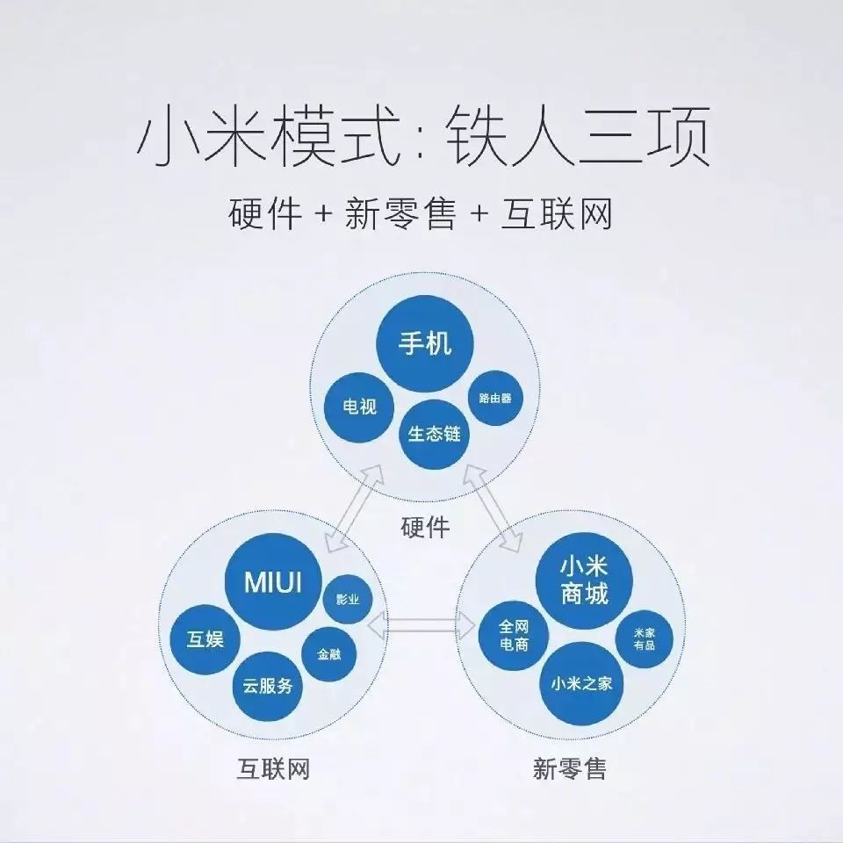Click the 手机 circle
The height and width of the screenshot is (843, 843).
click(424, 343)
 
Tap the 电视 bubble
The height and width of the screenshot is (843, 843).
click(359, 407)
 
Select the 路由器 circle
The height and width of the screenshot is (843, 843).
click(495, 398)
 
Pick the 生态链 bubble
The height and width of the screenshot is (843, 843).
click(434, 434)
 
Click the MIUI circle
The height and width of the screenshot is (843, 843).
click(273, 581)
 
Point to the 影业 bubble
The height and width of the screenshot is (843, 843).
click(348, 599)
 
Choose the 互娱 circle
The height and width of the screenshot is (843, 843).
click(205, 639)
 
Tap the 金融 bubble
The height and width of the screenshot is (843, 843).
click(329, 654)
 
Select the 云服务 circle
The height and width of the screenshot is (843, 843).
click(268, 686)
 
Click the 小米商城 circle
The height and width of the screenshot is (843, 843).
click(584, 580)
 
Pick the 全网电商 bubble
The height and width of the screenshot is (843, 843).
click(514, 636)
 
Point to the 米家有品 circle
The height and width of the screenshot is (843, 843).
click(644, 638)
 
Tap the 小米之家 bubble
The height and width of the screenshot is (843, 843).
click(581, 684)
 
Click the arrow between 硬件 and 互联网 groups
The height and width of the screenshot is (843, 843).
click(356, 508)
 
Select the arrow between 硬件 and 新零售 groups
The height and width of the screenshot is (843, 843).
click(493, 508)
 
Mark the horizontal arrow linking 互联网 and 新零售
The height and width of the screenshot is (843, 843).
click(422, 625)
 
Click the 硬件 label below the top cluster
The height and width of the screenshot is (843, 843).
click(425, 528)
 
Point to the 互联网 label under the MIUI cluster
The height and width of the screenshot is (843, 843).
click(273, 768)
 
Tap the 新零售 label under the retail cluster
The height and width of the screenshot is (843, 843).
click(569, 768)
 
